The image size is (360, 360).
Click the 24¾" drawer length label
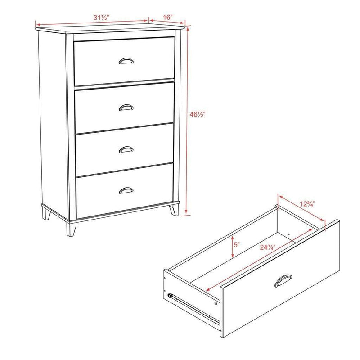click(267, 247)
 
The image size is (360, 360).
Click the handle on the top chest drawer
click(125, 61)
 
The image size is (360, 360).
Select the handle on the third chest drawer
click(126, 149)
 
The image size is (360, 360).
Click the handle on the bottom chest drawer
click(126, 191)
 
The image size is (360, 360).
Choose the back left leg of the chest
click(46, 213)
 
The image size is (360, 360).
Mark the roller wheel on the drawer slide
click(170, 296)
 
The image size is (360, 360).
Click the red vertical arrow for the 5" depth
click(232, 247)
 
